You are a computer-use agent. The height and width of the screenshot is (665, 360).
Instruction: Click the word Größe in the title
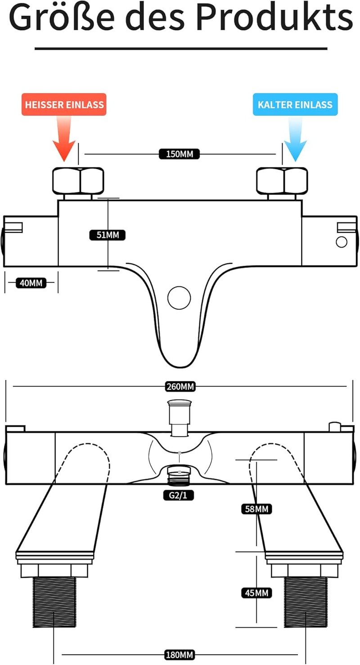[62, 18]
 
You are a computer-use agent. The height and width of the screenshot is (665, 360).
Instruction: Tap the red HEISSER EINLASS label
[64, 104]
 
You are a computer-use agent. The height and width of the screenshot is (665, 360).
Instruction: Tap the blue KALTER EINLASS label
[295, 104]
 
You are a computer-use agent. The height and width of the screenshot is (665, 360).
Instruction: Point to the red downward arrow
[64, 139]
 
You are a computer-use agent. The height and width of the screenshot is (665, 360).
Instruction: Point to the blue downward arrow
[295, 139]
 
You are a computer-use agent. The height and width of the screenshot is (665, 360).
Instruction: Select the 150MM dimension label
[179, 154]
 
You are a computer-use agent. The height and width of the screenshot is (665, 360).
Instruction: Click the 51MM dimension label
[108, 235]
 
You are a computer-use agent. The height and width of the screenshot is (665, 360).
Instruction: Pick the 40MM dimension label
[31, 283]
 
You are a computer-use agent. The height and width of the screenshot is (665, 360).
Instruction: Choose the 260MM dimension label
[180, 387]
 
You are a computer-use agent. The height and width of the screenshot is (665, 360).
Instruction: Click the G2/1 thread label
[178, 495]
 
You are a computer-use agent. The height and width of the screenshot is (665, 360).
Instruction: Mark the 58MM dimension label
[256, 509]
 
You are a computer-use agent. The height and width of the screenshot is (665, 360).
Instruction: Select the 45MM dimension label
[256, 593]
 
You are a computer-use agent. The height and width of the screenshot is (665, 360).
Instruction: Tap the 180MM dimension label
[179, 655]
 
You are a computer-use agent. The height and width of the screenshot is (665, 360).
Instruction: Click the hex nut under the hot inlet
[78, 181]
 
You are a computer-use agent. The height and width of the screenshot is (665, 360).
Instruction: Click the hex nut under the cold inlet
[282, 181]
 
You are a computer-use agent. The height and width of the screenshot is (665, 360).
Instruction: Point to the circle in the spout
[179, 298]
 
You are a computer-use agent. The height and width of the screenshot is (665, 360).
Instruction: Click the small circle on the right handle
[341, 242]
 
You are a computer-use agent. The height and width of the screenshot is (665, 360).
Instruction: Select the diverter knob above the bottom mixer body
[179, 418]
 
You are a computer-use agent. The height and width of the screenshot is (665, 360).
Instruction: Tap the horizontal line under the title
[181, 48]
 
